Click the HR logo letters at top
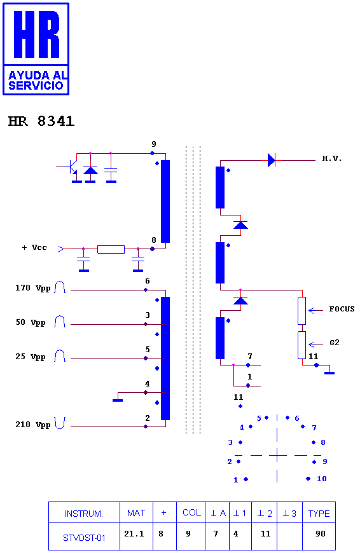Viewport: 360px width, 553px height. point(36,34)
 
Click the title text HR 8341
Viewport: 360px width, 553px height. point(41,121)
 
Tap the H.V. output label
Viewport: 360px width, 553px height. point(332,158)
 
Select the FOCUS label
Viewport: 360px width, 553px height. point(342,309)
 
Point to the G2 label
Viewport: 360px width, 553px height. point(334,343)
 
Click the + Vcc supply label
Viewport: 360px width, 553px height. point(34,247)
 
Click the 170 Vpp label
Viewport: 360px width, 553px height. point(33,288)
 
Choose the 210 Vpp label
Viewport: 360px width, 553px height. point(33,425)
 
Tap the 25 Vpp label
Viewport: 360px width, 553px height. point(31,357)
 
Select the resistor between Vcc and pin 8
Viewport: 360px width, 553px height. point(111,249)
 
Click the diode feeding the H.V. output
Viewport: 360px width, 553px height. point(272,160)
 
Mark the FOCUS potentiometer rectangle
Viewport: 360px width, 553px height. point(301,311)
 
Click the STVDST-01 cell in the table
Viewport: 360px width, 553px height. point(84,538)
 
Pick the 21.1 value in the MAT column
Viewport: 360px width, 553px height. point(134,534)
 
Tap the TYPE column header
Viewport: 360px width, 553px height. point(319,514)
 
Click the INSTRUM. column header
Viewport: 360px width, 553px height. point(84,514)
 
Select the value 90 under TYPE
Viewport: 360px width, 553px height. point(321,533)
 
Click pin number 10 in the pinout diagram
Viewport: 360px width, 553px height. point(322,479)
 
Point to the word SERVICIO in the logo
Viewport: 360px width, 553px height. point(36,85)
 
